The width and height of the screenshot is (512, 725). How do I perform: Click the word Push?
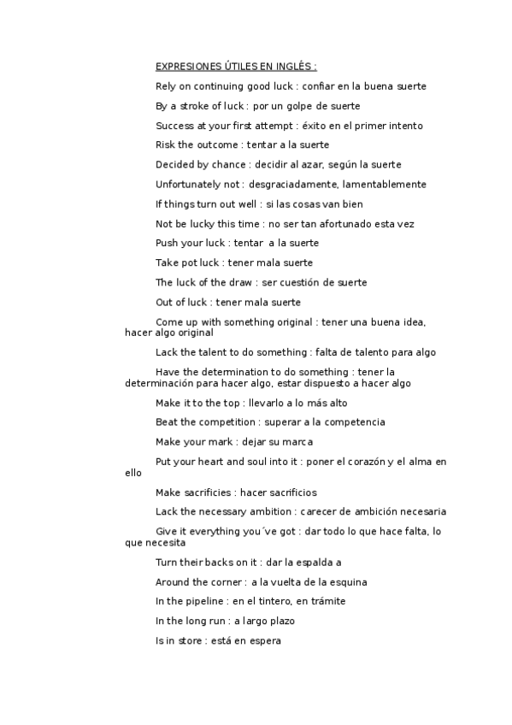[166, 244]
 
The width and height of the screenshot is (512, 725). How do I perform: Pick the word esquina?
[349, 582]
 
